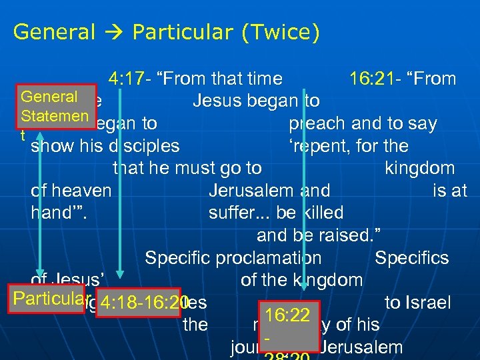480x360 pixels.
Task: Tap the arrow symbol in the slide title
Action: (x=121, y=31)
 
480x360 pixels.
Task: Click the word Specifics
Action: (x=411, y=258)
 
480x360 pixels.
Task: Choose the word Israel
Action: (x=427, y=303)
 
